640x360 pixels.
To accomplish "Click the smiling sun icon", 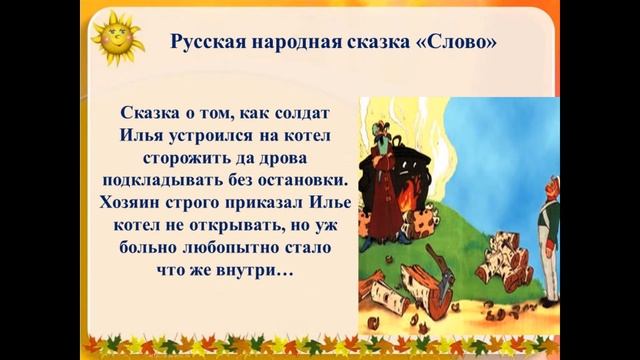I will pos(116,39).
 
